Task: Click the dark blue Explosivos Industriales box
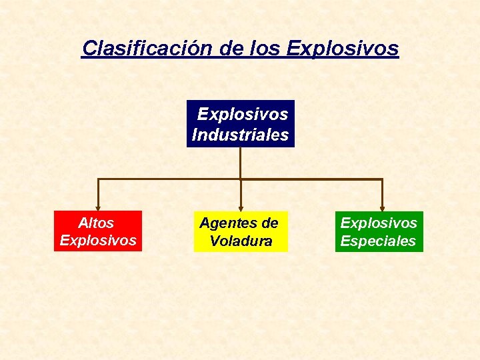click(240, 124)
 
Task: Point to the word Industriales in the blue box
click(240, 135)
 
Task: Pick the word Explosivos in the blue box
click(243, 114)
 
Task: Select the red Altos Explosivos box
click(98, 231)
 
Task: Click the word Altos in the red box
click(96, 223)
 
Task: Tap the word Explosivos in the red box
click(98, 240)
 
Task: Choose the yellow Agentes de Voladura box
click(240, 232)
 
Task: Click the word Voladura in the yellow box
click(241, 241)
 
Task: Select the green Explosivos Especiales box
click(379, 232)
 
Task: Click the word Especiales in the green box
click(378, 241)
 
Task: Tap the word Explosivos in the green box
click(379, 223)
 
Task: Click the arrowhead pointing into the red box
click(99, 207)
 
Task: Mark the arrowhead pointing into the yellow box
click(241, 207)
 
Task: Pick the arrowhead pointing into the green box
click(382, 207)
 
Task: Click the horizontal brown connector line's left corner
click(99, 179)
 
